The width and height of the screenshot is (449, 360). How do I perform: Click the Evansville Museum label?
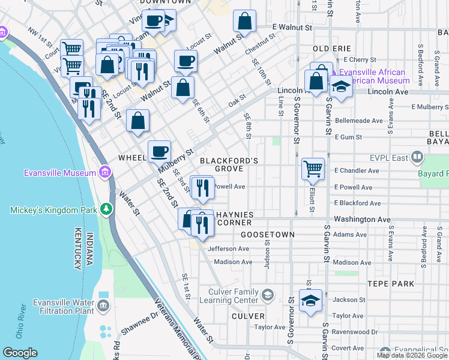click(59, 173)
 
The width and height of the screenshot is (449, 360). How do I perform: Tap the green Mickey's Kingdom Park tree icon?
click(106, 209)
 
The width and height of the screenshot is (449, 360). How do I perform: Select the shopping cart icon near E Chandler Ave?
click(313, 169)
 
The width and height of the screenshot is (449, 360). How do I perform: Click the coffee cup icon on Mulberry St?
click(159, 151)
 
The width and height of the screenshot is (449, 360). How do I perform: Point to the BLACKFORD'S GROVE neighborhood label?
click(229, 165)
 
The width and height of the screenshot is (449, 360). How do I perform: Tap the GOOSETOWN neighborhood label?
click(267, 235)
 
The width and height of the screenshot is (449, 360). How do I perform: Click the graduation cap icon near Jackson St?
click(310, 300)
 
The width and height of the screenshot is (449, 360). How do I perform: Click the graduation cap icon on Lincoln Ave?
click(340, 88)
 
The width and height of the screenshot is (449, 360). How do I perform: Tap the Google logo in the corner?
click(20, 353)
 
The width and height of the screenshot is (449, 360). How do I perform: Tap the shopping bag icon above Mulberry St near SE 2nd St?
click(138, 121)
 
